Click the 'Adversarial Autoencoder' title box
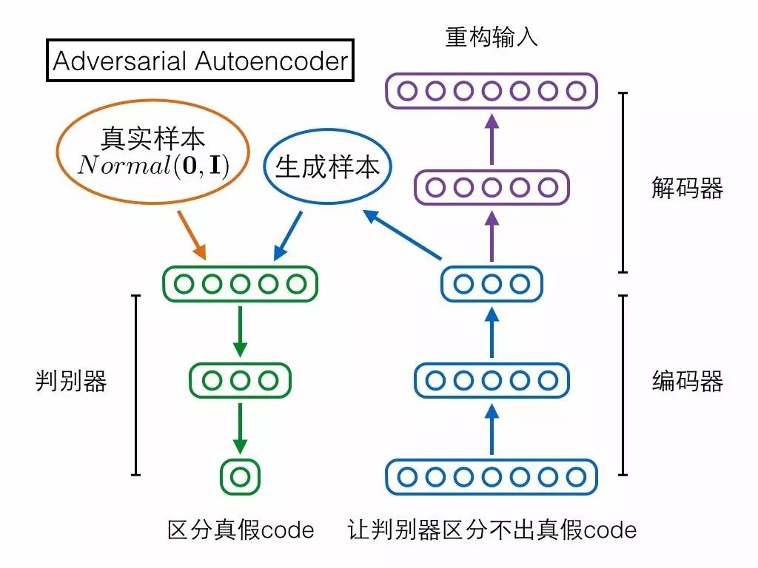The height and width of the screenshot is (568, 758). [201, 60]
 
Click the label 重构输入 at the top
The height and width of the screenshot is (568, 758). [491, 37]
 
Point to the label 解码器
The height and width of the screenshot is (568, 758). [687, 189]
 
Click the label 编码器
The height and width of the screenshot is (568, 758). [687, 382]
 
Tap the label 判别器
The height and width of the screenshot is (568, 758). [71, 382]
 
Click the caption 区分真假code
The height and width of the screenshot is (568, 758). [241, 530]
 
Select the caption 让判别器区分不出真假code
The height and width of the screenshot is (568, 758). [492, 530]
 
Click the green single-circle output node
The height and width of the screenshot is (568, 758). [240, 477]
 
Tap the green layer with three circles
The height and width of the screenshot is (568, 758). [240, 381]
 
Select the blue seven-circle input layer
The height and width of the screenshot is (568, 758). [492, 477]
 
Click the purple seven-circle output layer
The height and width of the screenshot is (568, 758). [492, 92]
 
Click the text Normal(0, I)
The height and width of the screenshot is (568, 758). [153, 166]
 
